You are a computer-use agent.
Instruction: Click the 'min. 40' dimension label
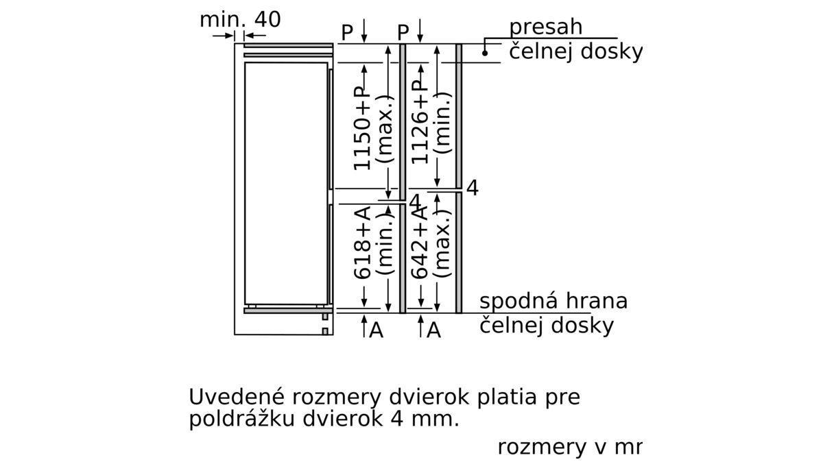tap(240, 19)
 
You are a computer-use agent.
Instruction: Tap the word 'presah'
tap(546, 28)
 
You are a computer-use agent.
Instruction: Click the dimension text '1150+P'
tap(362, 129)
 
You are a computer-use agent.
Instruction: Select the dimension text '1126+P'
tap(419, 123)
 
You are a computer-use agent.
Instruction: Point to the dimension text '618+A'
tap(362, 243)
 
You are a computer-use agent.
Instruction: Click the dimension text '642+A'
tap(419, 243)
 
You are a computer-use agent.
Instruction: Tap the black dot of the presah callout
tap(485, 53)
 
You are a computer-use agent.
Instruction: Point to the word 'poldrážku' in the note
tap(242, 420)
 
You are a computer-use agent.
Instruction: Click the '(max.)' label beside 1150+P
tap(385, 129)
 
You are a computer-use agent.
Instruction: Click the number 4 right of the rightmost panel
tap(473, 188)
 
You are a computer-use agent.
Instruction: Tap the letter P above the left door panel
tap(347, 33)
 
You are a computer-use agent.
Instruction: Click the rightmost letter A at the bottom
tap(433, 330)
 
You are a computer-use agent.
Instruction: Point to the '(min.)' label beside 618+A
tap(385, 243)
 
